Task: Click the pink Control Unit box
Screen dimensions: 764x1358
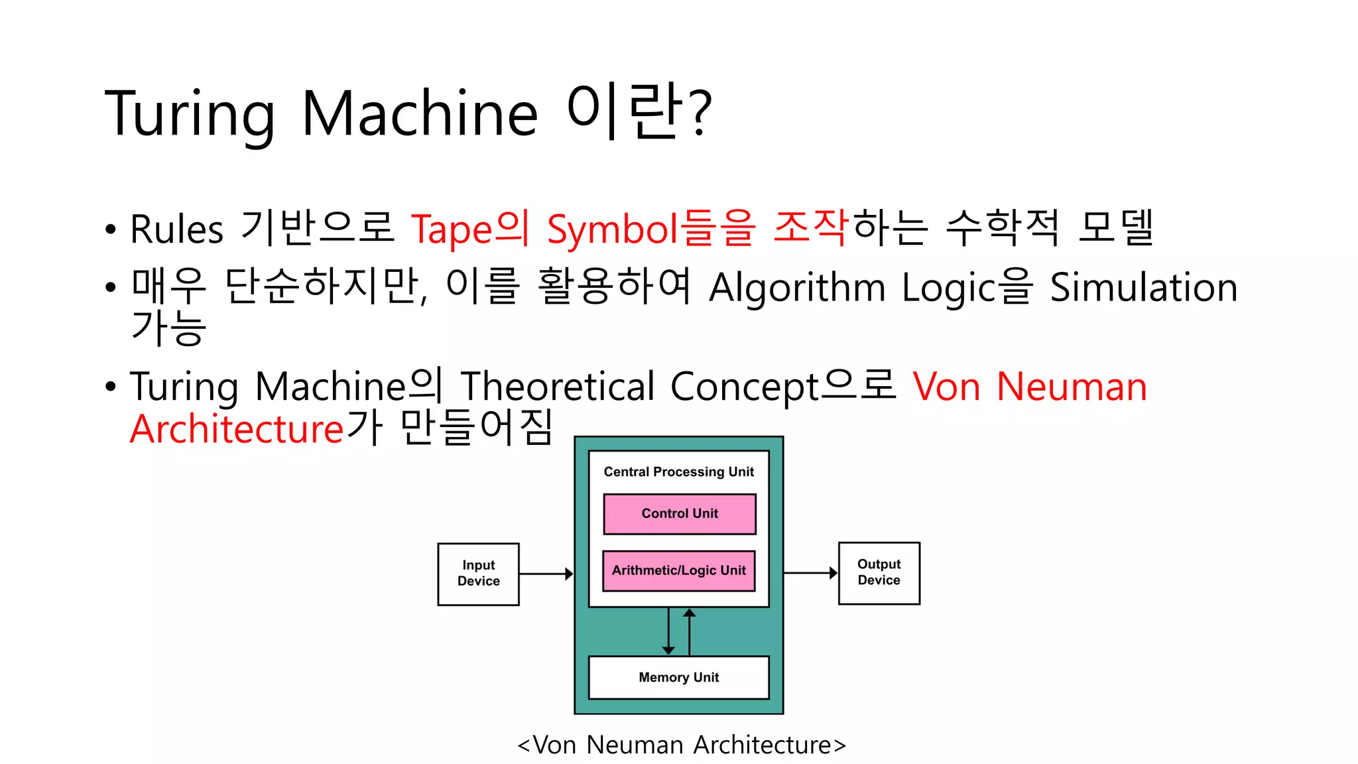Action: point(680,514)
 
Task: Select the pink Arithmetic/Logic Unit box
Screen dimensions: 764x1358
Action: point(679,570)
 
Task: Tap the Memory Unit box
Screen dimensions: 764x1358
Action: point(679,677)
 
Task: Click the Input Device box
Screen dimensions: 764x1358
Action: point(478,574)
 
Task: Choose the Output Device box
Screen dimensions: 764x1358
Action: point(879,572)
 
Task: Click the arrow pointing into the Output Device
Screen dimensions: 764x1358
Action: point(810,572)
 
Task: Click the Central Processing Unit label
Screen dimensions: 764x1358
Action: point(679,472)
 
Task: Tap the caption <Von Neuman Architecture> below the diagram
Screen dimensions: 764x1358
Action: point(682,745)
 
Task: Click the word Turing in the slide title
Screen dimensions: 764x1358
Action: point(190,114)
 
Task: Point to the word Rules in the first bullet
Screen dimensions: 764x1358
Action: point(176,229)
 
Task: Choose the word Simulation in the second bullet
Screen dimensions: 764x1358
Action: point(1144,288)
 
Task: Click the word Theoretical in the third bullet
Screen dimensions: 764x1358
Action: point(558,386)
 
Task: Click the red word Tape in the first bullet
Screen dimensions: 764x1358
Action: point(452,229)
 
